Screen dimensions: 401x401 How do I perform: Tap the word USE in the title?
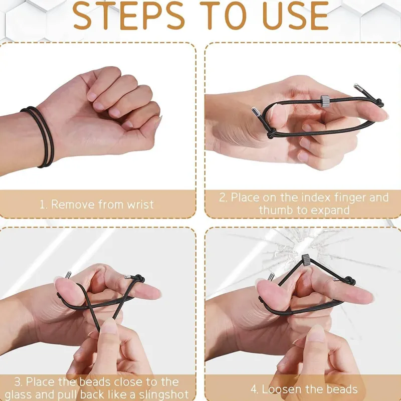tap(295, 16)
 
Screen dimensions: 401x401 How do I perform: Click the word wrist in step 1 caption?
tap(141, 205)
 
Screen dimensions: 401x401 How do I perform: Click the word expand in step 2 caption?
tap(330, 211)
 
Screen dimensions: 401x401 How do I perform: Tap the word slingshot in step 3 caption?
tap(162, 394)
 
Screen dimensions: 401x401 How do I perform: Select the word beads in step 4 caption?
tap(342, 389)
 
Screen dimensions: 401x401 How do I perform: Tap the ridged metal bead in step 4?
tap(306, 260)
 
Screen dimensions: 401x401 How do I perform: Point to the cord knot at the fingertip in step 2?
tap(379, 104)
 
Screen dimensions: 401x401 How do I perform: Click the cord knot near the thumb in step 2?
tap(272, 133)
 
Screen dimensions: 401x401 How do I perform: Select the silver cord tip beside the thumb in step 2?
tap(256, 112)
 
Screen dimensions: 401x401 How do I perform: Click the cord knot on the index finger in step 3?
tap(140, 279)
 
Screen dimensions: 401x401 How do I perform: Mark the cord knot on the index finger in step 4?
tap(350, 281)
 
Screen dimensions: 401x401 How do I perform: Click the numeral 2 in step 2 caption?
tap(223, 198)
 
